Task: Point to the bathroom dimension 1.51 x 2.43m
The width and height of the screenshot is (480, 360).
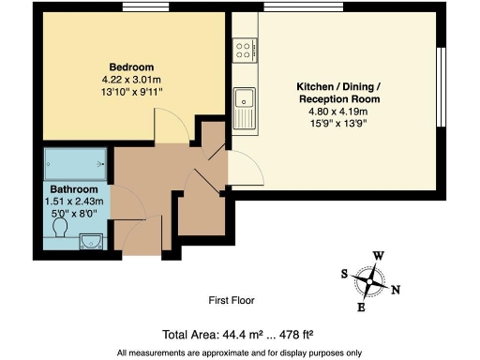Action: pos(72,202)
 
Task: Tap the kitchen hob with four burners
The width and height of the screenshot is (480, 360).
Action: pos(246,47)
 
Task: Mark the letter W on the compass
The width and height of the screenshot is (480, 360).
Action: pos(379,255)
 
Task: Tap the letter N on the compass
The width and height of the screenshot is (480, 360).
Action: pos(397,290)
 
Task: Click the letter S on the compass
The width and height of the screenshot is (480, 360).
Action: pos(344,274)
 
